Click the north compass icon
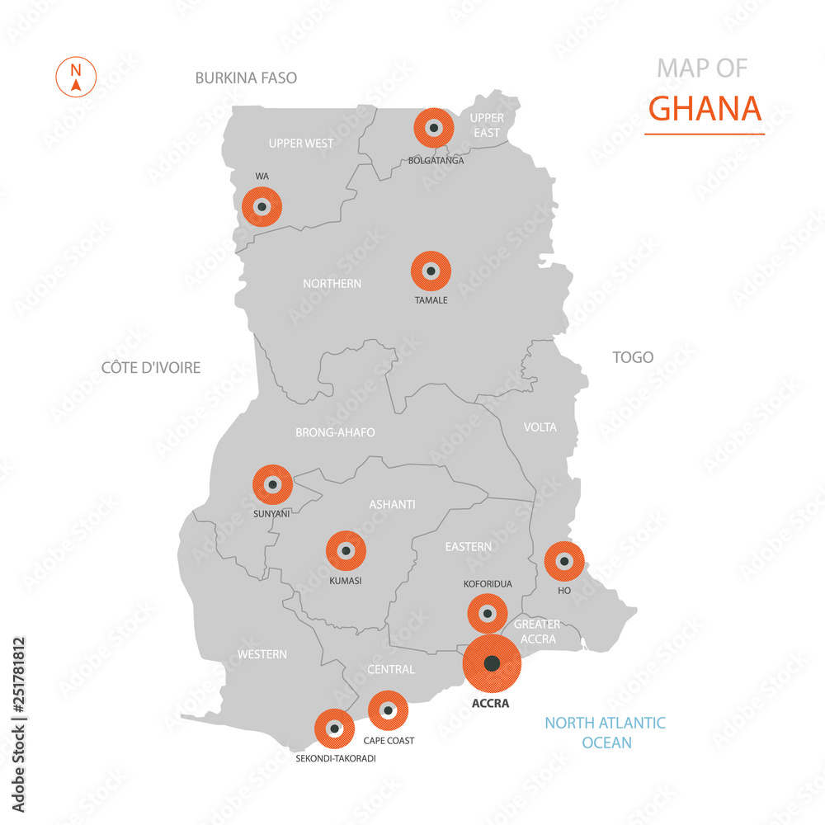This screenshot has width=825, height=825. [76, 77]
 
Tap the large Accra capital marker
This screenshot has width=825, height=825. [493, 662]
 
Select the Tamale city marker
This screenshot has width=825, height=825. [431, 271]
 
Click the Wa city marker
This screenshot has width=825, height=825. [262, 207]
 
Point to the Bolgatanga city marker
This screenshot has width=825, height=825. [434, 128]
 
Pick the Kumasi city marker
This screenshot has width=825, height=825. [346, 550]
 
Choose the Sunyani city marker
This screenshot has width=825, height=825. [272, 484]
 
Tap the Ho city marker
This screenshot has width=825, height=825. [564, 561]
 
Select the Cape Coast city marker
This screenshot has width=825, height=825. [388, 710]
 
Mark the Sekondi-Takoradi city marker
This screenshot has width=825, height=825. [334, 728]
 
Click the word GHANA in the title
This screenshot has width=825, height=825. [705, 108]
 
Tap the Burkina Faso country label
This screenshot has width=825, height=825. [246, 78]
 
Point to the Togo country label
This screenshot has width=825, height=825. [633, 357]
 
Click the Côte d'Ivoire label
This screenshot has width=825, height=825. [151, 367]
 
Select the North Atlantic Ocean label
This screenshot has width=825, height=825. [605, 733]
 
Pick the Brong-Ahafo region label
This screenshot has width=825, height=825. [335, 431]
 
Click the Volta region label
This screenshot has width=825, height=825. [540, 427]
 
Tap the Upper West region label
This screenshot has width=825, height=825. [301, 144]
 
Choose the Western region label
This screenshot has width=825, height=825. [262, 654]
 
